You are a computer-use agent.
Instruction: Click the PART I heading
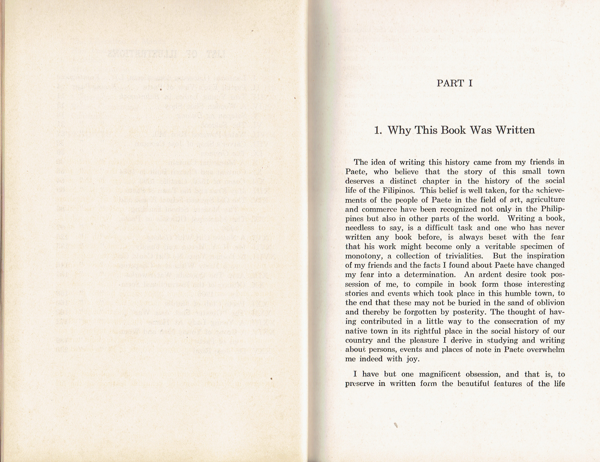[x=454, y=83]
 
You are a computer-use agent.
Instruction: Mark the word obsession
[x=487, y=374]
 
